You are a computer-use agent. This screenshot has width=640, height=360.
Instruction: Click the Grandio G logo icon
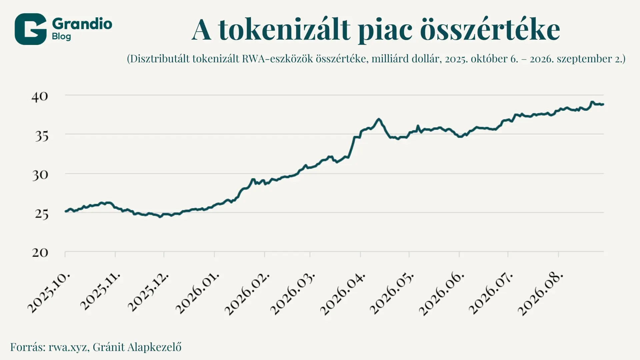(x=30, y=29)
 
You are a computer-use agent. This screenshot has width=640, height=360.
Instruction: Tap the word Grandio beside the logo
(x=82, y=24)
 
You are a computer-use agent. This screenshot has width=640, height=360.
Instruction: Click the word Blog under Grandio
(x=61, y=36)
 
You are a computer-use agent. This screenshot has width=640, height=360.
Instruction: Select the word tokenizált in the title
(x=284, y=30)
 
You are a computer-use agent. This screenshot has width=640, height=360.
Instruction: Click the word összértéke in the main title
(x=490, y=30)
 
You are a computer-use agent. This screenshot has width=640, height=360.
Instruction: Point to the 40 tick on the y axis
(x=40, y=97)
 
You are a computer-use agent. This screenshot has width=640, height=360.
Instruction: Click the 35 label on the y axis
(x=41, y=136)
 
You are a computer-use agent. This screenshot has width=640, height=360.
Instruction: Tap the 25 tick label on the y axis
(x=41, y=214)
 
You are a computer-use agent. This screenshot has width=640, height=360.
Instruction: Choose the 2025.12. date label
(x=148, y=292)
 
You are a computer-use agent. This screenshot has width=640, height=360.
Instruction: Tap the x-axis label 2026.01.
(x=197, y=293)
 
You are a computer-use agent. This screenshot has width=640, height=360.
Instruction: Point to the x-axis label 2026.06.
(x=441, y=294)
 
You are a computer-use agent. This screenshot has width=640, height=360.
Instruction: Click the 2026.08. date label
(x=540, y=294)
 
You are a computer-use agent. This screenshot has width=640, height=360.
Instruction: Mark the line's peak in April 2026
(x=379, y=119)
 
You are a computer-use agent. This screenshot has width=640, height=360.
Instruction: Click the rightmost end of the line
(x=603, y=104)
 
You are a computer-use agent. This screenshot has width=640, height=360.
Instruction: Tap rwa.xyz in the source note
(x=68, y=347)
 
